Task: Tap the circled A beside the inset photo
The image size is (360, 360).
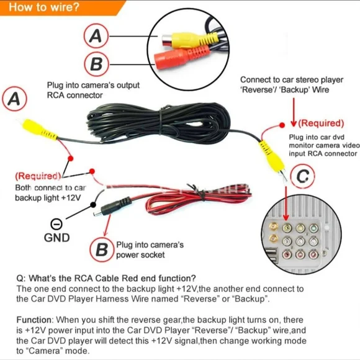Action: pyautogui.click(x=96, y=36)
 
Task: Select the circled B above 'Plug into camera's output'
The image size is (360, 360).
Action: pyautogui.click(x=96, y=64)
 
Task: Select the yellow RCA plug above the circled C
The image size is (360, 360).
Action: pyautogui.click(x=269, y=151)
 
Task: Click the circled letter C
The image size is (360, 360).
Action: pyautogui.click(x=302, y=177)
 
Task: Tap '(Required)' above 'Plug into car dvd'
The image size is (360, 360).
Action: pyautogui.click(x=321, y=123)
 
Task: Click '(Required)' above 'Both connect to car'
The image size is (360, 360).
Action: pyautogui.click(x=38, y=176)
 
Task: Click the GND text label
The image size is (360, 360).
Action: pyautogui.click(x=56, y=237)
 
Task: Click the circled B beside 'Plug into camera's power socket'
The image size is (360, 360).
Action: pyautogui.click(x=102, y=250)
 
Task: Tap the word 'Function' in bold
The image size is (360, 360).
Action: pyautogui.click(x=37, y=319)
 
